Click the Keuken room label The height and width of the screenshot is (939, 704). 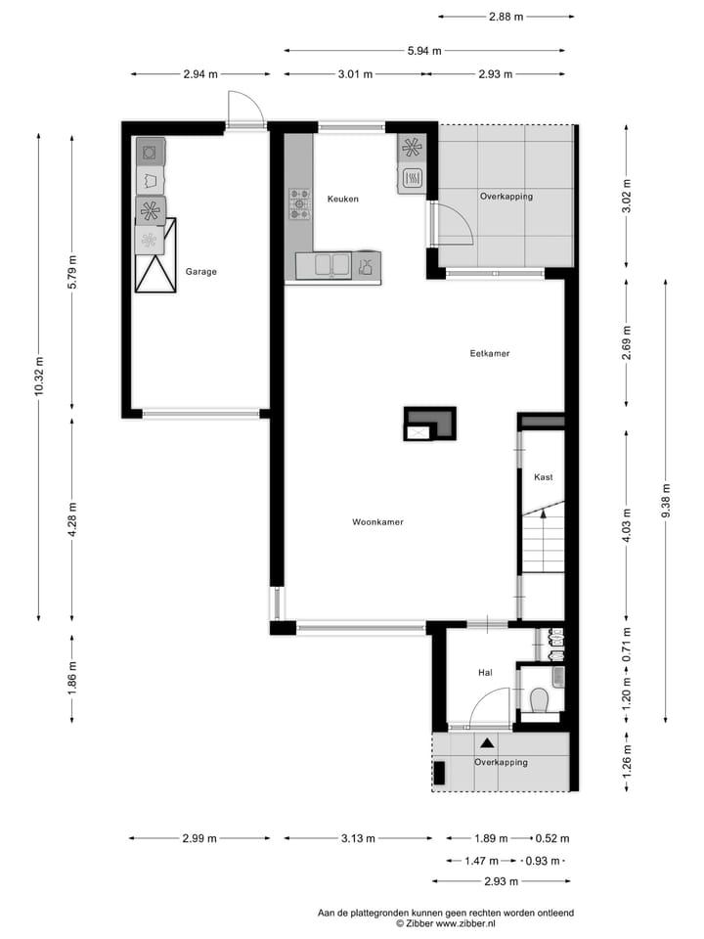coord(343,199)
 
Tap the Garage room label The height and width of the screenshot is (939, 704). coord(200,272)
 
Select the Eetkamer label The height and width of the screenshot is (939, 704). coord(490,353)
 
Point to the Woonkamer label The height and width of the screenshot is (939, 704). coord(377,522)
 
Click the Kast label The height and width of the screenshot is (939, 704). coord(543,477)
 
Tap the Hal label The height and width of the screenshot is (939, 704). coord(485,673)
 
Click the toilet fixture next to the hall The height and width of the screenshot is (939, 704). coord(539,700)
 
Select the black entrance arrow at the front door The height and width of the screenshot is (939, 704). coord(486,743)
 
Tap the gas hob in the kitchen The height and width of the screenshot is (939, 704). coord(298,205)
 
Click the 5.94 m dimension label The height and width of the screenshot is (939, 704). coord(423,51)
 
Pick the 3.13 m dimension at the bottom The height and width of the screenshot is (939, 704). coord(357,838)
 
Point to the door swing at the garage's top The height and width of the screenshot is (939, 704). coord(245,109)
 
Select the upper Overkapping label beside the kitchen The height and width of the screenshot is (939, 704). coord(506,197)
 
